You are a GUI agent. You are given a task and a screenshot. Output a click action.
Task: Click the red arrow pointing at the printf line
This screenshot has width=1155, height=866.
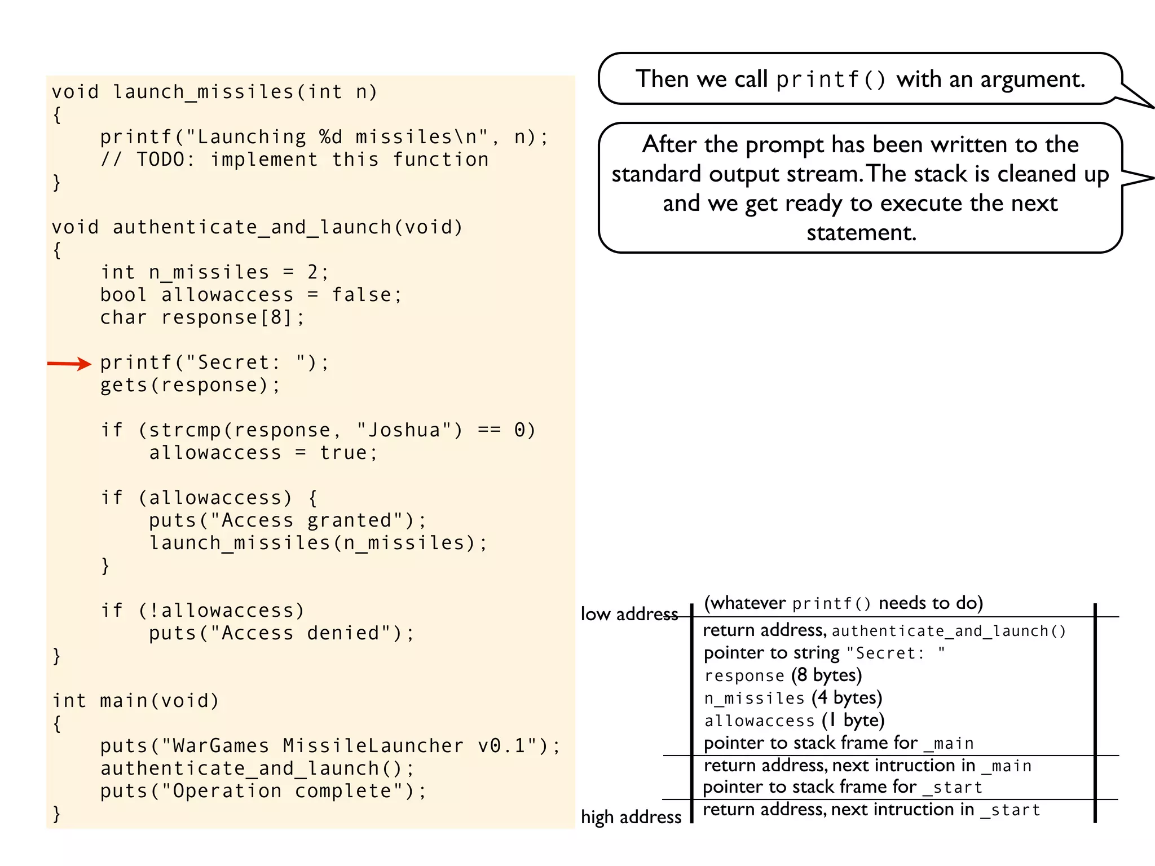pos(69,364)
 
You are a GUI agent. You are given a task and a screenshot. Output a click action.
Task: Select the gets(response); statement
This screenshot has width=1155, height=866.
pos(189,385)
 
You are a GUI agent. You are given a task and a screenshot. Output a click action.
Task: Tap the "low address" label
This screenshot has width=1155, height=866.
pos(629,614)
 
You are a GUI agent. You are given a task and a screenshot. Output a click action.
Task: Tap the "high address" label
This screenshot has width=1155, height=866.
pos(631,817)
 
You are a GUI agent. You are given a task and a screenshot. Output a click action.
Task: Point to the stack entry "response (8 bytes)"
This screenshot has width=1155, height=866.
pos(783,675)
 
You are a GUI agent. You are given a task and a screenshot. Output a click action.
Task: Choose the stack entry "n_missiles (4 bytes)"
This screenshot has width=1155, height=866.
pos(793,698)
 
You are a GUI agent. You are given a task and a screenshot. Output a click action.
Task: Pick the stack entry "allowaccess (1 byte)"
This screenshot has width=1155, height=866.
pos(794,721)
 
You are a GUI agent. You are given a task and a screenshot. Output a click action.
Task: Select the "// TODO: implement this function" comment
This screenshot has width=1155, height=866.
pos(294,160)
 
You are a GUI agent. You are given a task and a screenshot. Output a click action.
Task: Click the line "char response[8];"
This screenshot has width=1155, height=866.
pos(202,317)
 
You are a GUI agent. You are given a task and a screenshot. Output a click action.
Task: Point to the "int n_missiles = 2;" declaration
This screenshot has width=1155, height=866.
pos(214,272)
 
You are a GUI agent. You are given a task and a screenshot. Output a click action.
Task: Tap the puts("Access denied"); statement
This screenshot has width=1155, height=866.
pos(281,633)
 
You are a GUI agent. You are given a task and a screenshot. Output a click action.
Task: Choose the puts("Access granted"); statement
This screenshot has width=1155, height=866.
pos(288,520)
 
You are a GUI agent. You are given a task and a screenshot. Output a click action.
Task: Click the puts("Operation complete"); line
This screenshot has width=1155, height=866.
pos(263,791)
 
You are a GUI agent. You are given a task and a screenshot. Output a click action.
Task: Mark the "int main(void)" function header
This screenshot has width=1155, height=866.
pos(135,701)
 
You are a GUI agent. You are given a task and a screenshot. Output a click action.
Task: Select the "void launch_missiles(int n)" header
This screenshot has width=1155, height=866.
pos(214,92)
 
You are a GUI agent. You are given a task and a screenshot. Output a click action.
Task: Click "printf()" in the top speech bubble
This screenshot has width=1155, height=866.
pos(831,79)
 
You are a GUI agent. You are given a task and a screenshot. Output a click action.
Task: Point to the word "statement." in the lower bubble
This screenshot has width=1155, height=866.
pos(861,233)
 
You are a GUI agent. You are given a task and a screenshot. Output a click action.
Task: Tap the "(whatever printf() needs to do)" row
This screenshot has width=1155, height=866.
pos(843,603)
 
